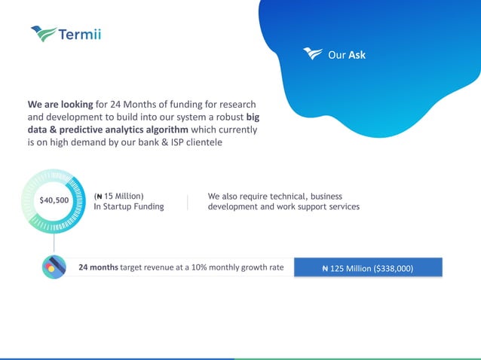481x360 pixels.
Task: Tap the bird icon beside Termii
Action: (44, 33)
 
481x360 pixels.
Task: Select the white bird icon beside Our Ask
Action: (312, 53)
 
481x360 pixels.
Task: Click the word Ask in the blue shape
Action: (357, 55)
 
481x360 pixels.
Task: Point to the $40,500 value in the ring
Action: (54, 200)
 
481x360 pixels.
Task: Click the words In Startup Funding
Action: (128, 206)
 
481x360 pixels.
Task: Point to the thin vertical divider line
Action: (187, 201)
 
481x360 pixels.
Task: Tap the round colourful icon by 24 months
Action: (54, 267)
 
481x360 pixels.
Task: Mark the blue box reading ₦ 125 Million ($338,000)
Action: (367, 267)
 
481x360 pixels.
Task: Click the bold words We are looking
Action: (60, 104)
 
